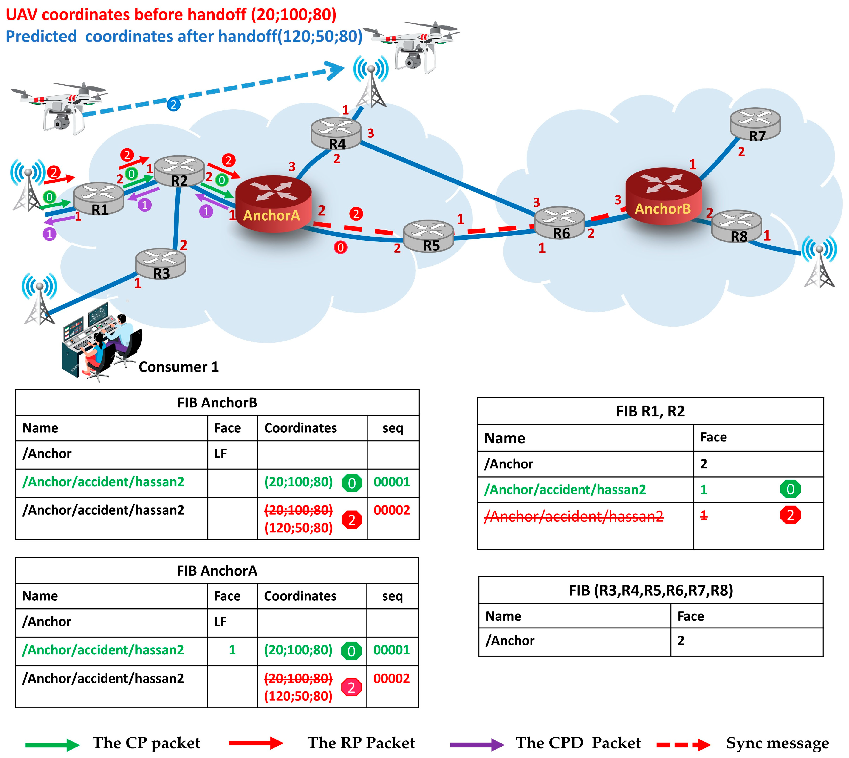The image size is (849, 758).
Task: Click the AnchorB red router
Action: pos(664,196)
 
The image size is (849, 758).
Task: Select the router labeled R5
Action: pos(429,235)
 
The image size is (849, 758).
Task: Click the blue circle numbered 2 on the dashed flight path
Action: pos(174,104)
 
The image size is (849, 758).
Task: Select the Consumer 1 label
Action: pos(178,367)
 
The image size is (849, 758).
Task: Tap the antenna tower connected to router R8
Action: pos(819,262)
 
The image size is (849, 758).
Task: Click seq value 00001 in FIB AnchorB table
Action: pos(391,482)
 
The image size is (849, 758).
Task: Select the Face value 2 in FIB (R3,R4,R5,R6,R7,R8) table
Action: pos(681,641)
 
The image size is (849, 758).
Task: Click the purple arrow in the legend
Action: pos(477,744)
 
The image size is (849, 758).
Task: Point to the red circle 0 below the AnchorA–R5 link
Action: pos(340,247)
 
